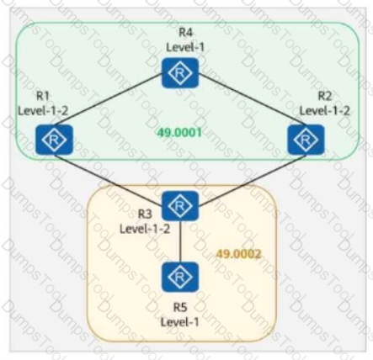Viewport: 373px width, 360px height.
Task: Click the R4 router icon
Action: pos(180,72)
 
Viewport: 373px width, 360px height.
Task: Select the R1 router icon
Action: pos(54,140)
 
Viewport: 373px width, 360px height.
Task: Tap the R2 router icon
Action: pos(306,140)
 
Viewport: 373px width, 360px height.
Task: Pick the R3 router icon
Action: pos(180,205)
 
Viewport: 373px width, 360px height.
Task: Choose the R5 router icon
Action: pos(180,277)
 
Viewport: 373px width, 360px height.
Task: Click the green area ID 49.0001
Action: pos(179,132)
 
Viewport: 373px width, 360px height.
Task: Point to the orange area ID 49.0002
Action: pos(239,254)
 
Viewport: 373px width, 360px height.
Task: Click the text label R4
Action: pos(185,33)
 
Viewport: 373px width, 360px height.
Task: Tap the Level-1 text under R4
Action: pos(185,47)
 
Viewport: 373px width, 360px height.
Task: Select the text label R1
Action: pos(43,96)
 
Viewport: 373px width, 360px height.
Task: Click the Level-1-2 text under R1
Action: pos(43,111)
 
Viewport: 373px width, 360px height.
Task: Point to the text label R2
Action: pos(325,96)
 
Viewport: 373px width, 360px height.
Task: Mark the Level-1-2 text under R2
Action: pos(325,111)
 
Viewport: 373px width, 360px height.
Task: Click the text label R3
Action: pos(145,214)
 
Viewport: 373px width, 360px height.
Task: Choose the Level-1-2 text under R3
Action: pos(145,229)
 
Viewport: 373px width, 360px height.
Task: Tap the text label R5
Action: pos(180,307)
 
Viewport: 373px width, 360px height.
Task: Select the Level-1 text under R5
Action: pos(180,322)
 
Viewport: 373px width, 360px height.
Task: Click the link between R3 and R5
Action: pos(180,241)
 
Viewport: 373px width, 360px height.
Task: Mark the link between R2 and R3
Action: pos(252,180)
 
